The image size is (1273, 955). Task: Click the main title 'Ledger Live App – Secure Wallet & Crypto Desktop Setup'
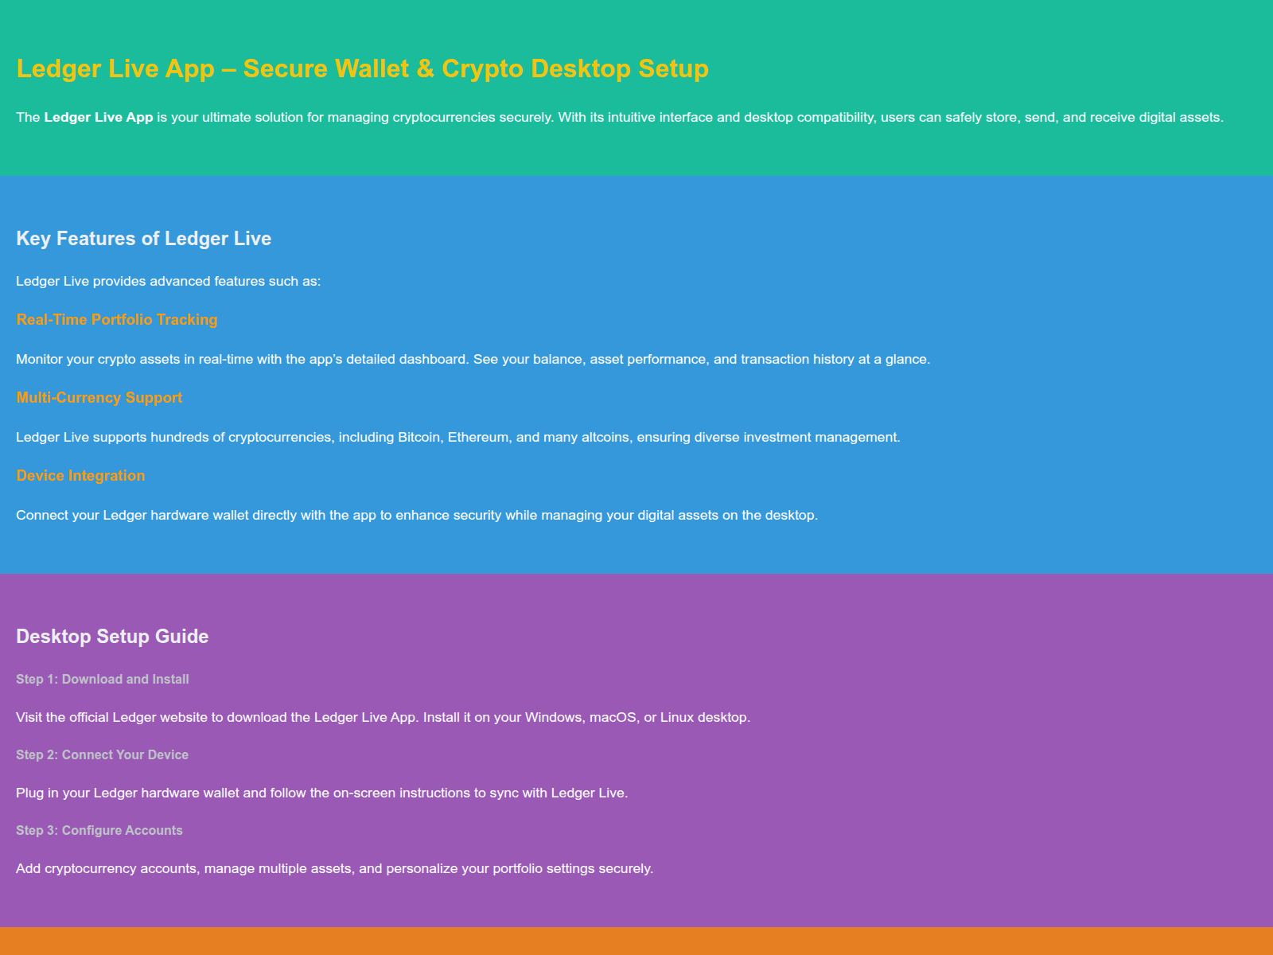[362, 68]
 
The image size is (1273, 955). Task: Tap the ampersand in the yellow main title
[425, 68]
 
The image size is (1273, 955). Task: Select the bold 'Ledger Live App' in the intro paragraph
[99, 117]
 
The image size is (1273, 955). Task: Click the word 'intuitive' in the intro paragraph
[630, 117]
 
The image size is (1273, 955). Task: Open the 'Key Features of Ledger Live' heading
[143, 239]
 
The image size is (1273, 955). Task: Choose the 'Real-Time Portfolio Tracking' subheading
[117, 319]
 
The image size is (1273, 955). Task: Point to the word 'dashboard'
[433, 359]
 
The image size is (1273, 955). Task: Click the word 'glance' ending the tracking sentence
[905, 359]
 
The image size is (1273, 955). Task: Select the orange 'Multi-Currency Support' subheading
[99, 397]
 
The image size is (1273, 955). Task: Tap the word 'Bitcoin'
[419, 437]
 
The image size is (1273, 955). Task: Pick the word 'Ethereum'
[478, 437]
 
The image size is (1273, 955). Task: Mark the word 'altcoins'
[605, 437]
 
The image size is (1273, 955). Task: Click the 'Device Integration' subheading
[80, 475]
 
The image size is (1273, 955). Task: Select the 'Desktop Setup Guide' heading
[112, 637]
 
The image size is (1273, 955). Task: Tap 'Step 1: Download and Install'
[103, 679]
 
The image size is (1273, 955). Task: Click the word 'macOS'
[613, 717]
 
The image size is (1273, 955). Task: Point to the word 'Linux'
[677, 717]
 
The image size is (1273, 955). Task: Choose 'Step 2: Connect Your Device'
[103, 754]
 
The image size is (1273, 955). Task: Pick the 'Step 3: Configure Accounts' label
[99, 830]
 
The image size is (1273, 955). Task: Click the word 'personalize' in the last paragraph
[422, 868]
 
